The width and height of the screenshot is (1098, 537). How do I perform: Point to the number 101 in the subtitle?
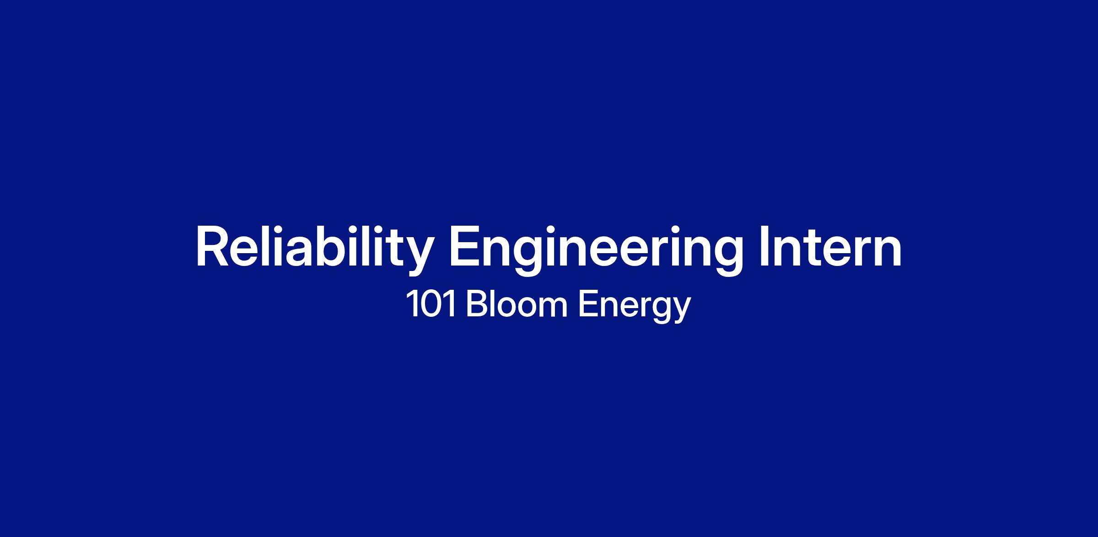431,304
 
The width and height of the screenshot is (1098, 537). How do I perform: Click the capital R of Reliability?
212,246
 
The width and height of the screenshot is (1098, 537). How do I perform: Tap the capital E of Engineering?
465,246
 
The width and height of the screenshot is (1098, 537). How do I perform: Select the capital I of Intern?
764,246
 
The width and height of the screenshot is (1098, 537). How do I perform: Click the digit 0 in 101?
431,304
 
